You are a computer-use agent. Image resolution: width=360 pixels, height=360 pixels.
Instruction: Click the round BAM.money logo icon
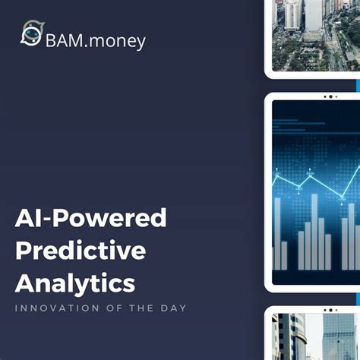[31, 36]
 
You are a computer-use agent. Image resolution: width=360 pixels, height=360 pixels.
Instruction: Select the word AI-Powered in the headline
[90, 219]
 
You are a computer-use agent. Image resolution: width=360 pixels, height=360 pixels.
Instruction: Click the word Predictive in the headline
[80, 251]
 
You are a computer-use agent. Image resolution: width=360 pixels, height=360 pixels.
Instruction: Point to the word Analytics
[75, 283]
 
